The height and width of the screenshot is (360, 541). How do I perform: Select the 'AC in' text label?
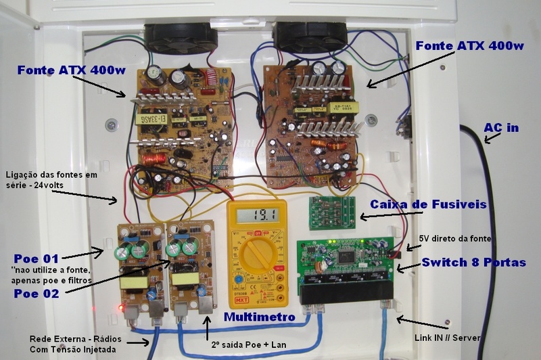502,128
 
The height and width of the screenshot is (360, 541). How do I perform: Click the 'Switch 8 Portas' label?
473,262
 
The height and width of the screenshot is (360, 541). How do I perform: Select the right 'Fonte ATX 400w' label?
470,46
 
